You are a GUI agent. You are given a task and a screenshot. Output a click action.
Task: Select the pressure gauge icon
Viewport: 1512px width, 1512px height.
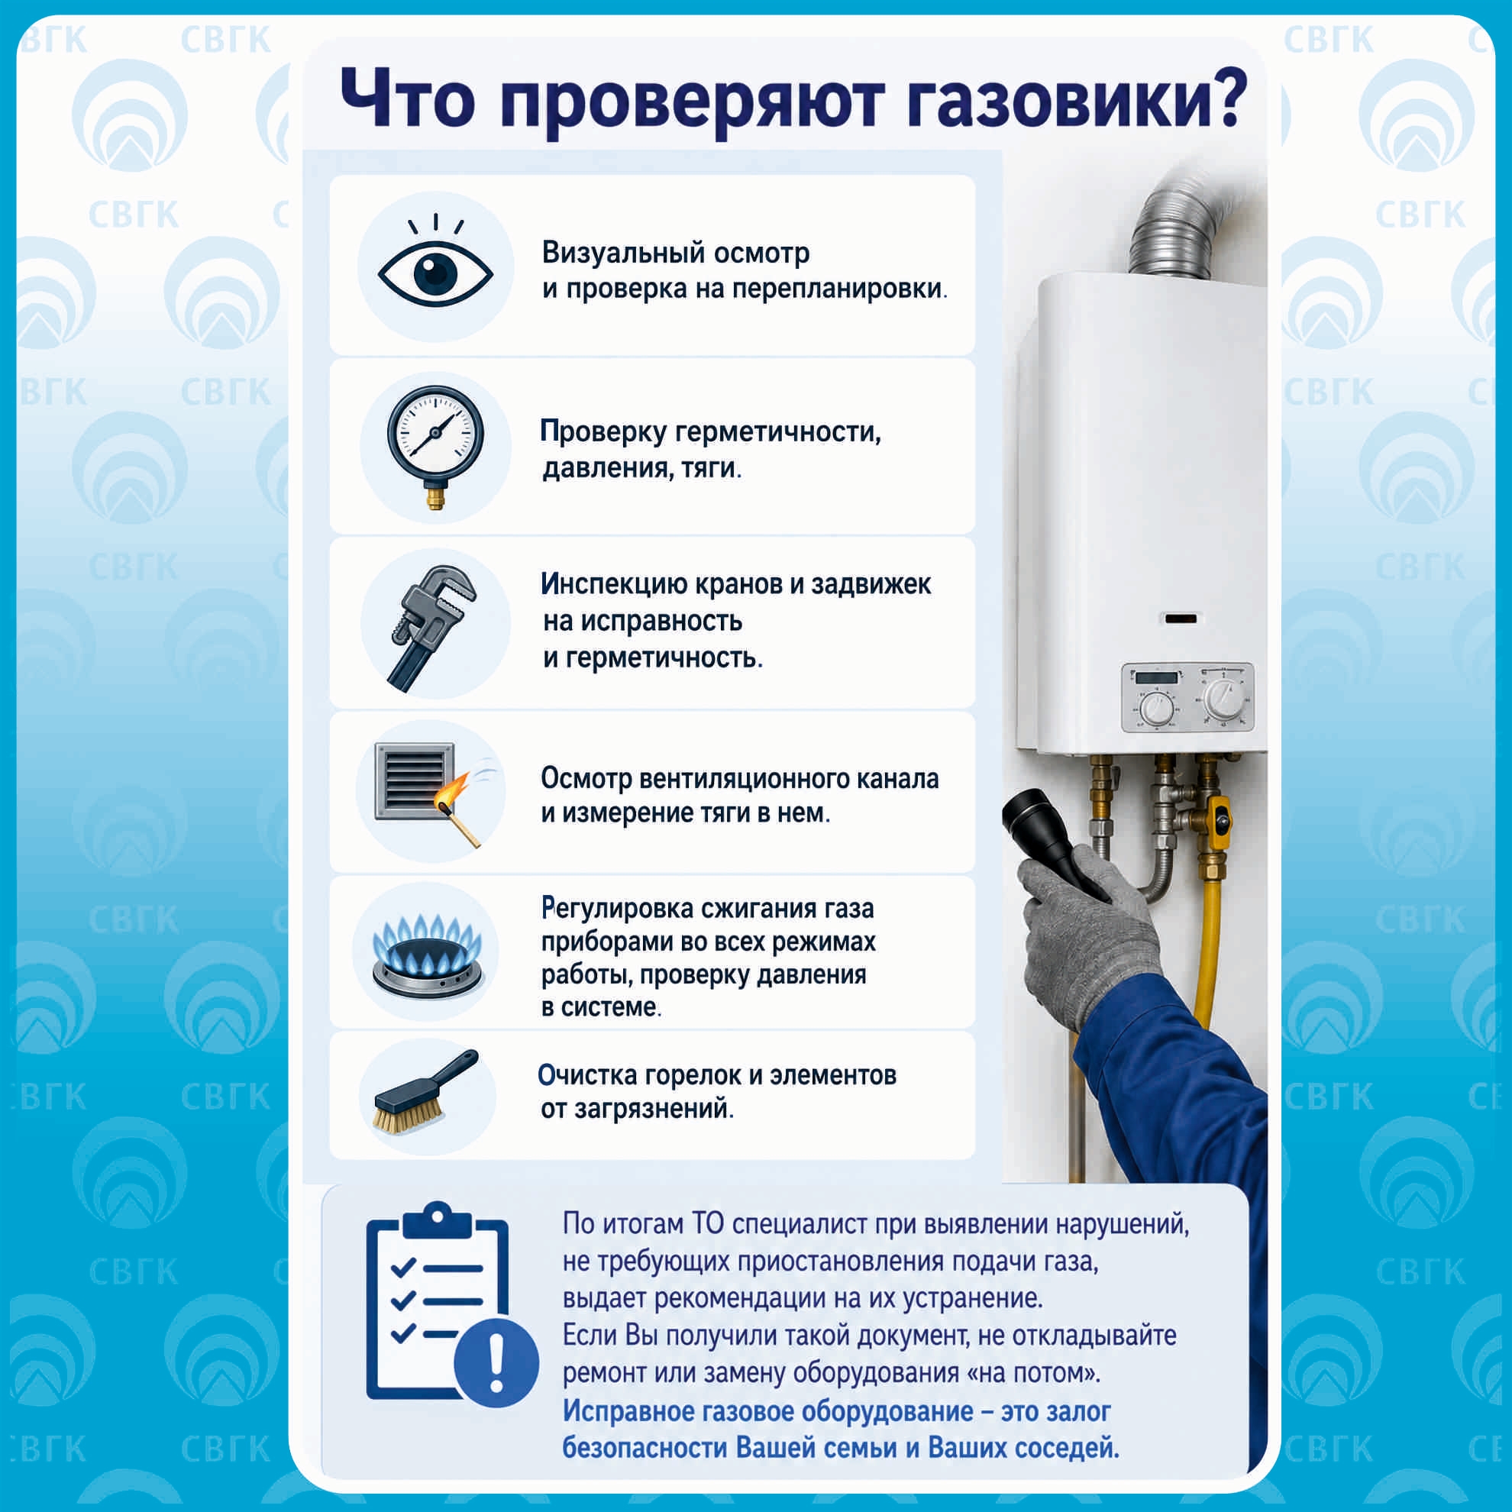coord(436,447)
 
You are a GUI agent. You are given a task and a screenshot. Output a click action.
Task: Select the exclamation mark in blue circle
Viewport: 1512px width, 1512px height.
coord(496,1362)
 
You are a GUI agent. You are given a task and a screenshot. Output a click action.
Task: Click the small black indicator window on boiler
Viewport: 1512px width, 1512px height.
coord(1181,619)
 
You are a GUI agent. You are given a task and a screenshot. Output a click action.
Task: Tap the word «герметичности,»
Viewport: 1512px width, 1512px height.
coord(778,433)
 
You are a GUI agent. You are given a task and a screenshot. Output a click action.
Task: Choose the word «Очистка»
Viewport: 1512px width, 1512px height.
coord(587,1075)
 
